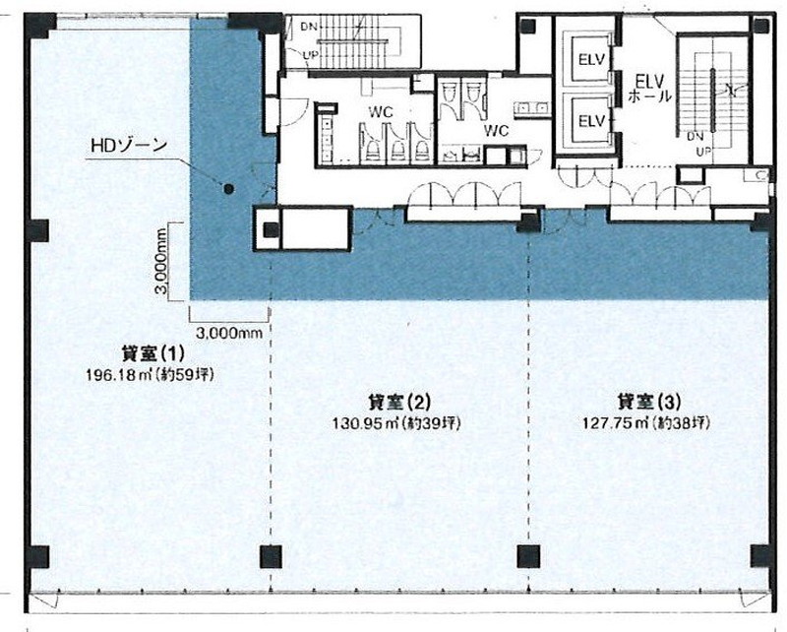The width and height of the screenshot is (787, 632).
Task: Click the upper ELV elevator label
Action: click(x=592, y=59)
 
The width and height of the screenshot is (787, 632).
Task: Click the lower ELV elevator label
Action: click(x=592, y=120)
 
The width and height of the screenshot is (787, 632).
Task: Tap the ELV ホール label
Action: click(x=649, y=89)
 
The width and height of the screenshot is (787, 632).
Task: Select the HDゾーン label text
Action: click(x=129, y=145)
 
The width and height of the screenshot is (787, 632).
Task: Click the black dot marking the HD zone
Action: click(x=228, y=189)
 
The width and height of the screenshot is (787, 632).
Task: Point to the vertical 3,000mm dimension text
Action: click(x=161, y=261)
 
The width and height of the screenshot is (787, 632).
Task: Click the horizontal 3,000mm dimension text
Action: click(x=229, y=333)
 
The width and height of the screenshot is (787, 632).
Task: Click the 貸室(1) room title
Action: click(x=153, y=353)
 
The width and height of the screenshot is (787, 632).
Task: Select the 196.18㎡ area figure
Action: click(x=121, y=375)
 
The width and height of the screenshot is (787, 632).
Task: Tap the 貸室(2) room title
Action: click(x=399, y=402)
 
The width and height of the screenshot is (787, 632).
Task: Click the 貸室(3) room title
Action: click(x=649, y=402)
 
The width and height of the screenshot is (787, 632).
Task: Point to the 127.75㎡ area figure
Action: click(x=617, y=423)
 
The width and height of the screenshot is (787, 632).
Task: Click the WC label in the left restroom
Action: click(x=381, y=112)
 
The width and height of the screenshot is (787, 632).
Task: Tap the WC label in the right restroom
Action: click(x=496, y=131)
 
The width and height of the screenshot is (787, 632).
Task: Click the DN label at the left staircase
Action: click(x=309, y=27)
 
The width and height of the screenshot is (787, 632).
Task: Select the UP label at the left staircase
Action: click(x=310, y=54)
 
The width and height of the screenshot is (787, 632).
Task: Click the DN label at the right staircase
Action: click(x=696, y=136)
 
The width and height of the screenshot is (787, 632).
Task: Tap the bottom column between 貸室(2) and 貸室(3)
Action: click(x=528, y=556)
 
